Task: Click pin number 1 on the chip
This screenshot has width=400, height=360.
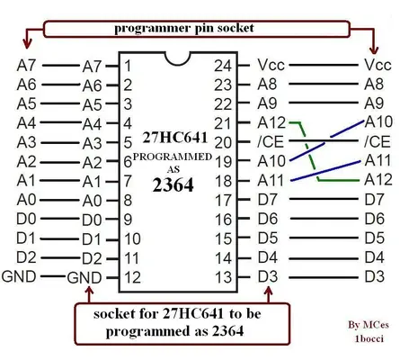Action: click(x=129, y=66)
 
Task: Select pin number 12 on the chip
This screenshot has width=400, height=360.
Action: click(x=132, y=277)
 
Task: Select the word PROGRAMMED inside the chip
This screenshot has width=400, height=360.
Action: click(x=173, y=157)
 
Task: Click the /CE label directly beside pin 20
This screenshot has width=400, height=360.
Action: click(x=271, y=142)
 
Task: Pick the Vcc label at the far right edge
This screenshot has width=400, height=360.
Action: click(x=378, y=66)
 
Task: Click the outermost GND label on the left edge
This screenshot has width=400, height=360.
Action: click(x=20, y=275)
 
